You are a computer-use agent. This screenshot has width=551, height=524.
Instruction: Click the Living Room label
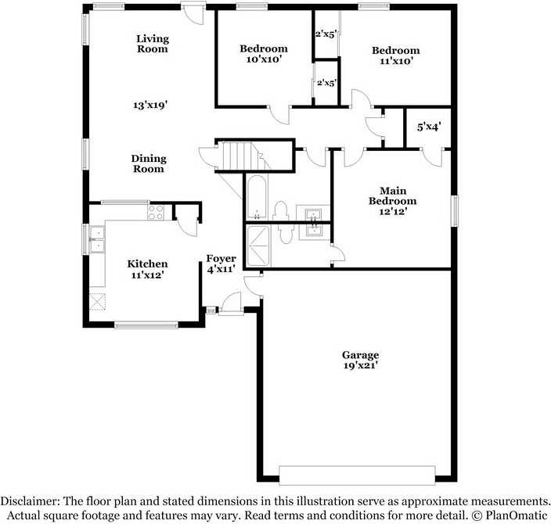point(152,44)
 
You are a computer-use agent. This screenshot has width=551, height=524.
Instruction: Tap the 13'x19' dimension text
point(152,104)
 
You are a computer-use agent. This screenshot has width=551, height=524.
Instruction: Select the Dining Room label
point(148,163)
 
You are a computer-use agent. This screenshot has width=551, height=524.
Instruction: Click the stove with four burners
point(156,210)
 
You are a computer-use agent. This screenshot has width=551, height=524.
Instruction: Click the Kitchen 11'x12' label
point(147,269)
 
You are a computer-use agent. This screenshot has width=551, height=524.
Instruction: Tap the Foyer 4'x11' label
point(221,264)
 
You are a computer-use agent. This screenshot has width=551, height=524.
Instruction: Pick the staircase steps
point(242,155)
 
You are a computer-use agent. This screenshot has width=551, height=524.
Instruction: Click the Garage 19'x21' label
point(360,360)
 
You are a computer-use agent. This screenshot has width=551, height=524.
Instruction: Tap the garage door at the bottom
point(357,475)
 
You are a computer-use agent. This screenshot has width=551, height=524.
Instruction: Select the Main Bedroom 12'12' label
point(398,201)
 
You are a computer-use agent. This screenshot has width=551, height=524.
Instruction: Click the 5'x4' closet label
point(429,126)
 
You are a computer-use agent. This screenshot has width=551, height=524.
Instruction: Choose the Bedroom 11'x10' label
point(394,55)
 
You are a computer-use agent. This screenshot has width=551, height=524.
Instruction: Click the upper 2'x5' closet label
point(326,34)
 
